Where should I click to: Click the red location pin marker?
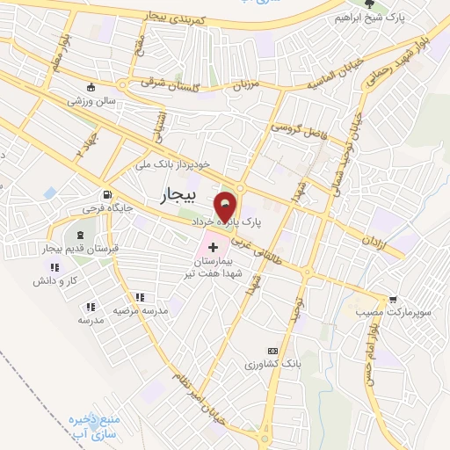click(226, 207)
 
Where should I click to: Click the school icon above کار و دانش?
click(54, 267)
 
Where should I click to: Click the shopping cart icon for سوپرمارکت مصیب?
click(392, 299)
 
